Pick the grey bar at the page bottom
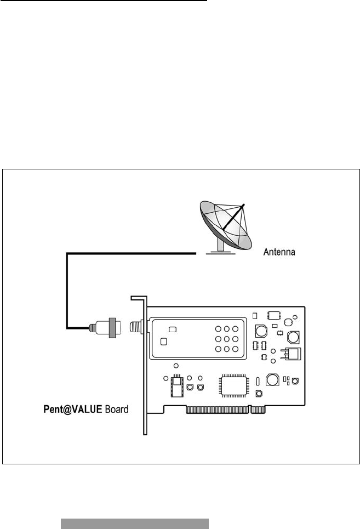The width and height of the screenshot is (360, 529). coord(134,524)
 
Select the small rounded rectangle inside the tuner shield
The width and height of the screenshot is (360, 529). coord(172,329)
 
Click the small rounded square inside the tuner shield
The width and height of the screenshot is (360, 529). coord(163,342)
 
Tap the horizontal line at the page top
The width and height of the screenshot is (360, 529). coord(104,1)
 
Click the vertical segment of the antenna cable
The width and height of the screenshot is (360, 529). coord(67,291)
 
